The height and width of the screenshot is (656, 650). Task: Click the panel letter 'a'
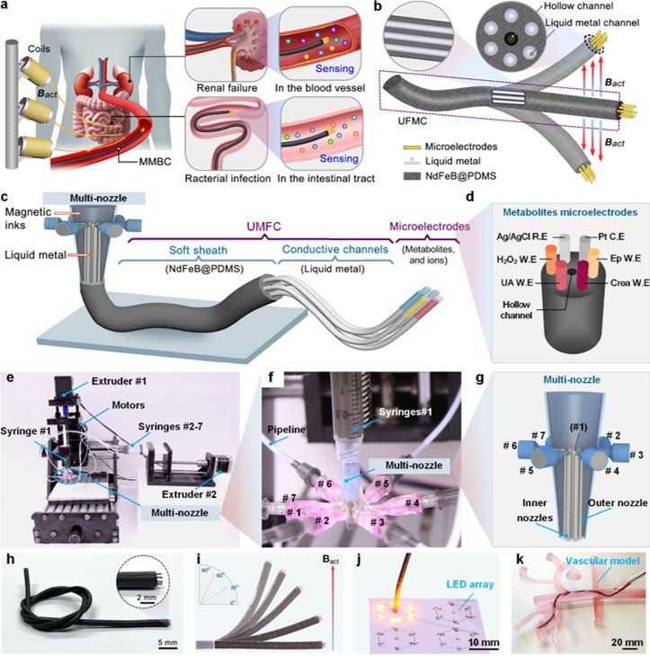pos(7,7)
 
